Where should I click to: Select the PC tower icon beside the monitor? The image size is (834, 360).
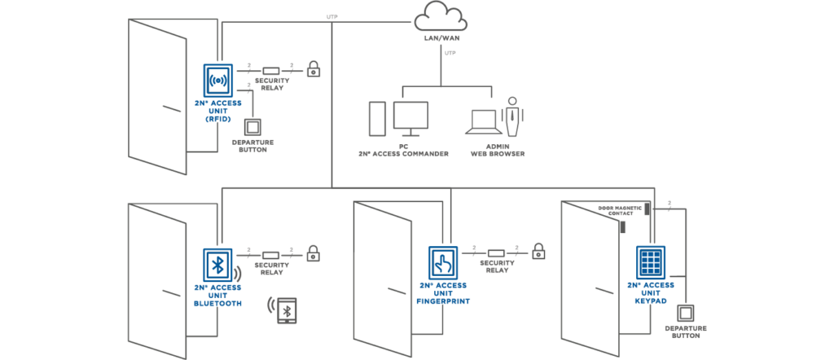coord(376,119)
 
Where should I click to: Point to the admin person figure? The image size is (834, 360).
coord(512,117)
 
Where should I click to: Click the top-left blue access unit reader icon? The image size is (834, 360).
coord(217,81)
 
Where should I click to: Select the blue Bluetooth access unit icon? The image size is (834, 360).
coord(217,265)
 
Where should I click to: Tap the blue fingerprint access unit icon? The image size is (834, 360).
coord(443,262)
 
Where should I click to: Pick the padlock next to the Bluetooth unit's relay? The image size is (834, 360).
coord(314,253)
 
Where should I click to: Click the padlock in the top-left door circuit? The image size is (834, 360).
coord(314,69)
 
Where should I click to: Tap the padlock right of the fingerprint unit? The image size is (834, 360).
coord(538,252)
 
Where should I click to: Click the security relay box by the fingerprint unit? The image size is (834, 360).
coord(496,252)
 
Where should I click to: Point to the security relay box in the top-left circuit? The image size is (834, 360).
coord(271,71)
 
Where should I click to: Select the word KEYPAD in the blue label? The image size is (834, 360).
coord(652,300)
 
